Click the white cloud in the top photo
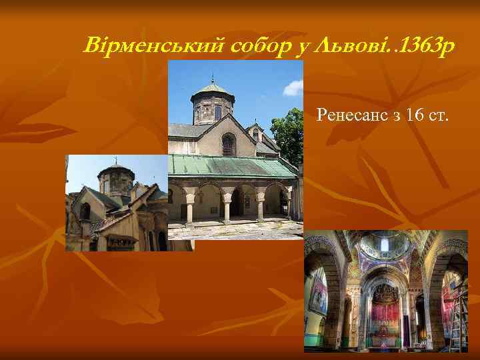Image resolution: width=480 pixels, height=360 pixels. point(293,88)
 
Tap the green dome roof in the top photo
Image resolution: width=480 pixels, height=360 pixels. point(213,89)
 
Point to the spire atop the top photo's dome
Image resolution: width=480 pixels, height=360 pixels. point(213,77)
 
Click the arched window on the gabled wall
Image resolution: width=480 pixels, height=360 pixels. point(229,145)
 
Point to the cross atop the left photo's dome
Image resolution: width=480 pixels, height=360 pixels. point(115,160)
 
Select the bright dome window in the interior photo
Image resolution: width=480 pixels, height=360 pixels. point(385,245)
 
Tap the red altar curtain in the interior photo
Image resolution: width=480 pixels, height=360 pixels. point(385,314)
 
